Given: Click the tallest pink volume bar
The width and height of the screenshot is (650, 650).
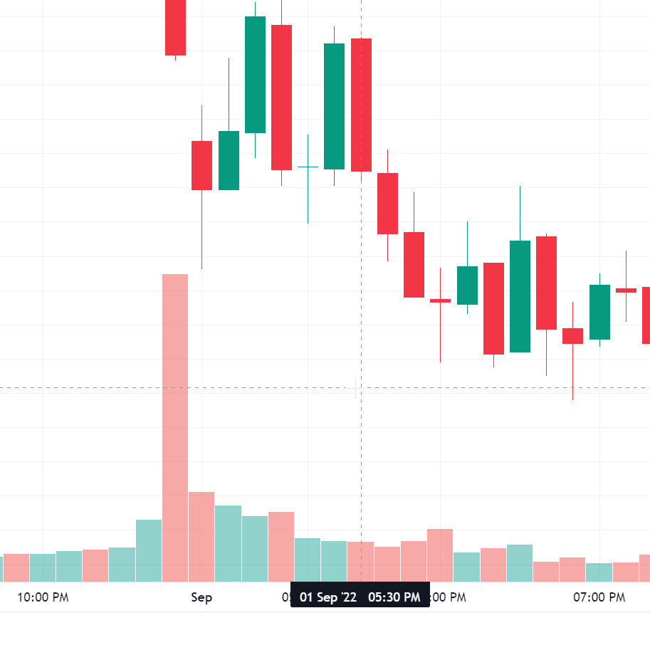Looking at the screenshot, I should coord(175,427).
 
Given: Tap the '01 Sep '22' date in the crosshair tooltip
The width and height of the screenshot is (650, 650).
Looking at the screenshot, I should coord(328,597).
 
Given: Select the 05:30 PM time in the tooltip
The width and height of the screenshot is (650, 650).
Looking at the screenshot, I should coord(394,597).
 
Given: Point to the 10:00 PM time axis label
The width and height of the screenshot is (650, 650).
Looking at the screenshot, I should coord(43,597).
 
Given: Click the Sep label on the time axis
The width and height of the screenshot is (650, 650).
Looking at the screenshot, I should coord(201,597).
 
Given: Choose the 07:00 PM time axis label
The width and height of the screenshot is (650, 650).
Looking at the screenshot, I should coord(599,597).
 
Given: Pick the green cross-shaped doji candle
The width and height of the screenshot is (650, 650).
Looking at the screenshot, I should coord(308,167).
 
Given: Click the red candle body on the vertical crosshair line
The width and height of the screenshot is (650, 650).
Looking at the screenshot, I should coord(361,105).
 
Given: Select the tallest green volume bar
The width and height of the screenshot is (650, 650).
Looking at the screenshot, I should coord(149,550).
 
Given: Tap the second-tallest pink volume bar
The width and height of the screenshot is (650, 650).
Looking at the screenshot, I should coord(201,536).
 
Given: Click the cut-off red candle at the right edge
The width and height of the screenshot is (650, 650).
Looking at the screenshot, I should coord(646,315).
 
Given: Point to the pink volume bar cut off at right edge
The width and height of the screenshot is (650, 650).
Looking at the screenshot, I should coord(645,568).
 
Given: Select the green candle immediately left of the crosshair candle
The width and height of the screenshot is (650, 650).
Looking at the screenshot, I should coord(334,106).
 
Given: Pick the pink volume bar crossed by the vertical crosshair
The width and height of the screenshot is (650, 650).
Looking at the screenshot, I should coord(361,562).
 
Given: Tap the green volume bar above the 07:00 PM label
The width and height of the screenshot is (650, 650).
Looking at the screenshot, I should coord(599,572).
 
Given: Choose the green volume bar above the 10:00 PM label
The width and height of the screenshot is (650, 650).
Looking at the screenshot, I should coord(43,567).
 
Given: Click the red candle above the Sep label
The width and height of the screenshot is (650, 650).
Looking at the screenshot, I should coord(201,165).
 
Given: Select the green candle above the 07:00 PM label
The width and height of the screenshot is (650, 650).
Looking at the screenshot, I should coord(599,312).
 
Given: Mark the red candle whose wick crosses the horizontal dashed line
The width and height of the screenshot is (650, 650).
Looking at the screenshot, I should coord(572,336).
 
